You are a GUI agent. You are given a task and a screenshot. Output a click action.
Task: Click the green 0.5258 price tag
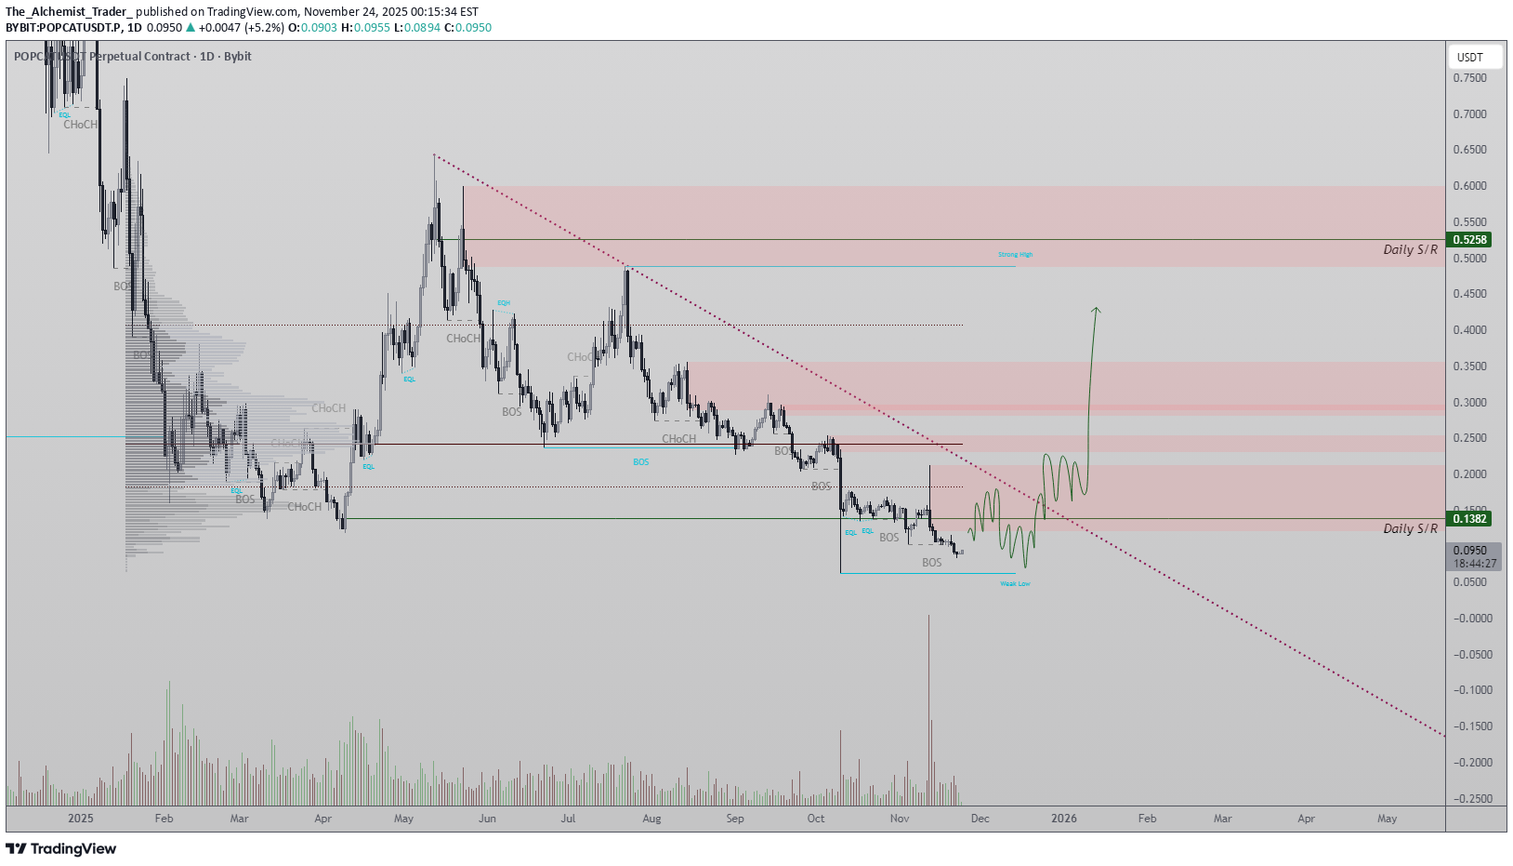[x=1470, y=240]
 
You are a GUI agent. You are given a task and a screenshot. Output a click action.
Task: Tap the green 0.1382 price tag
[x=1470, y=519]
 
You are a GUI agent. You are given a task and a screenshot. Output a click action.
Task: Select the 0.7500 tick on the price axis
[x=1469, y=78]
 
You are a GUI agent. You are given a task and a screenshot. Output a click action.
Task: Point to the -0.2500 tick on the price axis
[x=1471, y=799]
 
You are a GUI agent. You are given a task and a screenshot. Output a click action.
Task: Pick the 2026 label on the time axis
[x=1064, y=819]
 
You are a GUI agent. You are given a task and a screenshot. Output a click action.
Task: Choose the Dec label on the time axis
[x=980, y=819]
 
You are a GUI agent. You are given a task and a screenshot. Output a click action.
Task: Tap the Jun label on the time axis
[x=487, y=819]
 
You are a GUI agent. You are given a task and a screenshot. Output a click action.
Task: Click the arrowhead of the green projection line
[x=1097, y=310]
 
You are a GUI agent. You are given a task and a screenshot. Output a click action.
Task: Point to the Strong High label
[x=1015, y=255]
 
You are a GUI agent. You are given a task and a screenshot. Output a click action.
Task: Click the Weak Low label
[x=1015, y=584]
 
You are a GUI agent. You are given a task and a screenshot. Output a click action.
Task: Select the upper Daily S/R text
[x=1410, y=249]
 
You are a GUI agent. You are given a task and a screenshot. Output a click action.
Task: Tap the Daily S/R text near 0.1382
[x=1410, y=528]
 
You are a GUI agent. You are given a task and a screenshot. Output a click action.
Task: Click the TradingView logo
[x=61, y=848]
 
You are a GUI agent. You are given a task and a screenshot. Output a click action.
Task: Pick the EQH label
[x=504, y=303]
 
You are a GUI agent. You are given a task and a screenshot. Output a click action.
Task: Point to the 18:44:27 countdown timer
[x=1475, y=564]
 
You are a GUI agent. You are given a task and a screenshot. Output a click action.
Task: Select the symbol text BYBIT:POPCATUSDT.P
[x=62, y=28]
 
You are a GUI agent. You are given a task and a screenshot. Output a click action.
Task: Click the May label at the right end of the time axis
[x=1387, y=819]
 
